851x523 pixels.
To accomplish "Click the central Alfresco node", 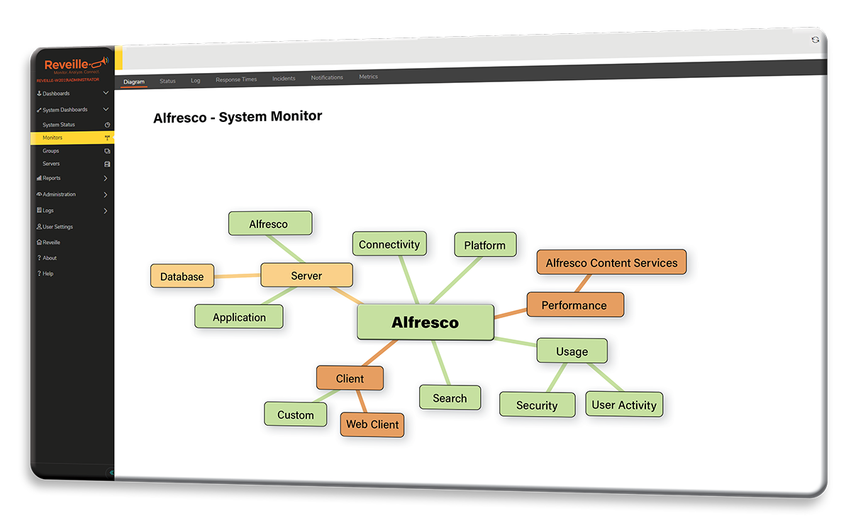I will [x=425, y=322].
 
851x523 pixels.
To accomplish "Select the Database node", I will [x=182, y=276].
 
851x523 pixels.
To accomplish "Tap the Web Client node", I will [x=372, y=424].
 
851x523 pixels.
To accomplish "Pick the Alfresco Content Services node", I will [x=611, y=263].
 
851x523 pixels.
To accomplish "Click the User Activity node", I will [x=624, y=405].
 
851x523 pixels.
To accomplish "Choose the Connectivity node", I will [x=389, y=244].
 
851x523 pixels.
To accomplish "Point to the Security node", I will [x=537, y=405].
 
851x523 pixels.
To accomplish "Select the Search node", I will [x=450, y=398].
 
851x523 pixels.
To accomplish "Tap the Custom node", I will [x=295, y=415].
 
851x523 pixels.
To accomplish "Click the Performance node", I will [x=574, y=305].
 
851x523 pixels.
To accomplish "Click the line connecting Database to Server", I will [x=237, y=276].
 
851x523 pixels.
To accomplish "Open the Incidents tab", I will [x=284, y=79].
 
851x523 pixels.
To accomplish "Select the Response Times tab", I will [x=236, y=79].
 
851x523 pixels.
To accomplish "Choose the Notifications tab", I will [x=327, y=77].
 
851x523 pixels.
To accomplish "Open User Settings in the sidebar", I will [x=58, y=227].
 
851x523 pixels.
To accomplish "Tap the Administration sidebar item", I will [x=60, y=194].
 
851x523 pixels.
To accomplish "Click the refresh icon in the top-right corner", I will [x=816, y=40].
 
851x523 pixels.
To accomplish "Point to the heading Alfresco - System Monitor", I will [x=238, y=117].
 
